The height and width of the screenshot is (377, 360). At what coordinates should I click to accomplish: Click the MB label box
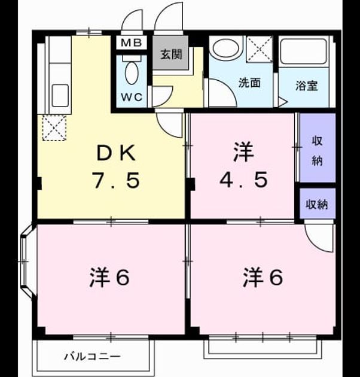tap(131, 43)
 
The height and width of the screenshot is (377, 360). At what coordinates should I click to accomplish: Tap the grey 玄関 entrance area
tap(170, 53)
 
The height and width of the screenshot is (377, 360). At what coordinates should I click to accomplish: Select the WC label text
tap(132, 97)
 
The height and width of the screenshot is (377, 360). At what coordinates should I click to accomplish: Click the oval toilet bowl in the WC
tap(132, 73)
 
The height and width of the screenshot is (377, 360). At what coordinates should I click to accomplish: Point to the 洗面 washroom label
tap(249, 83)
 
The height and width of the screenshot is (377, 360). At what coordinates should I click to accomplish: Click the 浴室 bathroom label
tap(306, 86)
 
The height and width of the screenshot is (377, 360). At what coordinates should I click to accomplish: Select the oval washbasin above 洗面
tap(226, 48)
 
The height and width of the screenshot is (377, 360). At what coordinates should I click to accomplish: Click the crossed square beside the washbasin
tap(260, 49)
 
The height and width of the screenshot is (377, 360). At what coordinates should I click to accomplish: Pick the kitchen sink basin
tap(60, 96)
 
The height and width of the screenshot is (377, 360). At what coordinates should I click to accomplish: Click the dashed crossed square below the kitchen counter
tap(54, 127)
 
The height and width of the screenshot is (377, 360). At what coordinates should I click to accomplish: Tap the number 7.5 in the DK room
tap(117, 180)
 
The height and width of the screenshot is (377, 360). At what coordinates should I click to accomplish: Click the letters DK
tap(116, 153)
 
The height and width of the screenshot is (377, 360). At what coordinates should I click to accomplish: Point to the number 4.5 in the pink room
tap(243, 180)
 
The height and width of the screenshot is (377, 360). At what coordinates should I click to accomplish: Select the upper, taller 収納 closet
tap(318, 148)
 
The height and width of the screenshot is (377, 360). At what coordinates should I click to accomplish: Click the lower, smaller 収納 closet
tap(318, 203)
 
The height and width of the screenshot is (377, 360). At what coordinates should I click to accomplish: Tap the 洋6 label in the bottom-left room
tap(109, 278)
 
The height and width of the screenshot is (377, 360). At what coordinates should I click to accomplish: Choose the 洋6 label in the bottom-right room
tap(263, 278)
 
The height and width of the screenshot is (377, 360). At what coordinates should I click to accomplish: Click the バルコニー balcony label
tap(92, 356)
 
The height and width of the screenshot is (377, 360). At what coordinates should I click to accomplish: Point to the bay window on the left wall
tap(27, 261)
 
